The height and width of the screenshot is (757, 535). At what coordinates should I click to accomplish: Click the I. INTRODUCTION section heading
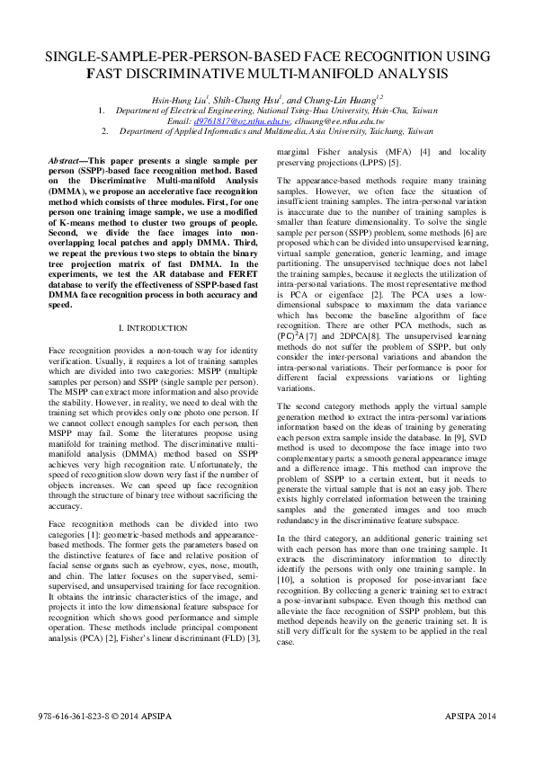click(x=154, y=328)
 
